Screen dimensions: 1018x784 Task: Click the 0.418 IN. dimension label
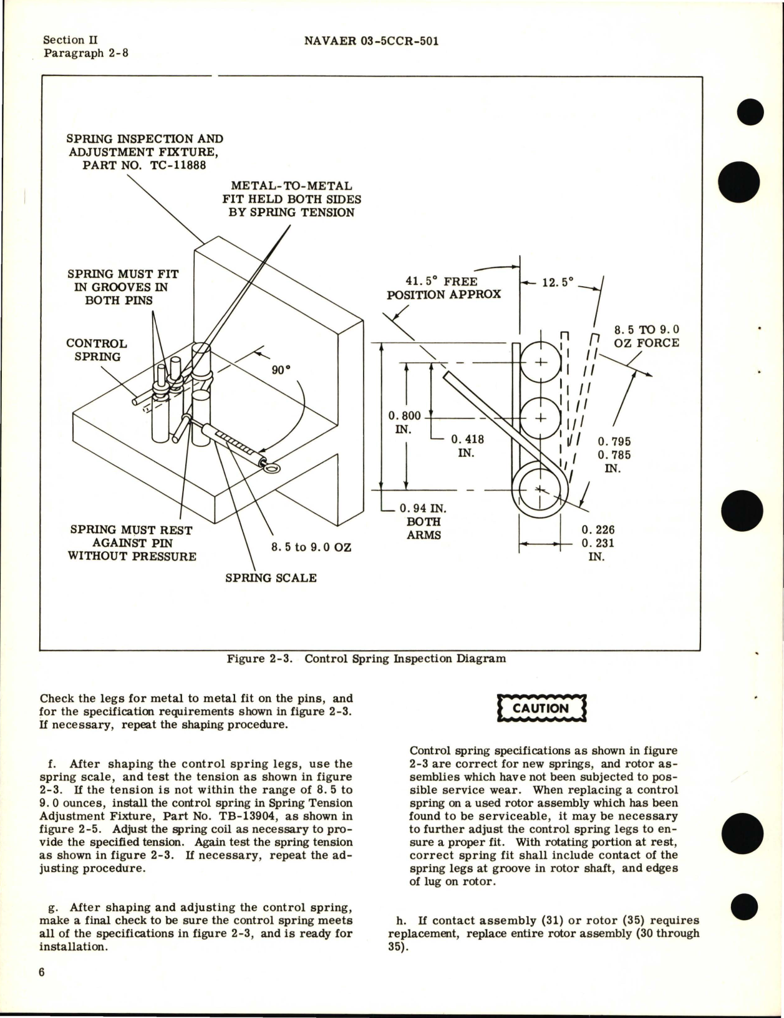click(467, 446)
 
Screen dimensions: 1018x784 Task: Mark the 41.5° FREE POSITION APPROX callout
click(443, 287)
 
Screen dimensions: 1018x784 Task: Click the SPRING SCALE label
click(271, 578)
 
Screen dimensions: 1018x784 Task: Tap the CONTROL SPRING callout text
click(96, 350)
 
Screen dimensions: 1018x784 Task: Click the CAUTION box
click(541, 708)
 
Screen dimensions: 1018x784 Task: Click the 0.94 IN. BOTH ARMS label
click(423, 522)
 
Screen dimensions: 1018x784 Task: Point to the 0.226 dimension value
click(598, 529)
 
